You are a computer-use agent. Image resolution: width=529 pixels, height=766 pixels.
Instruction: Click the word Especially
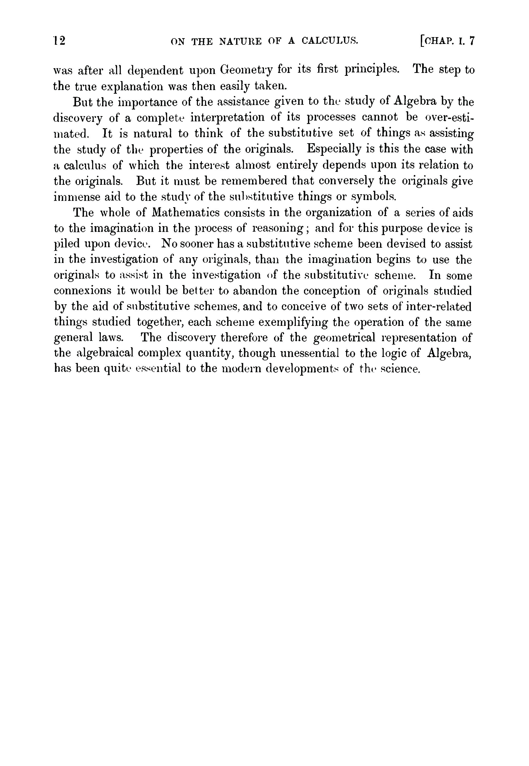(x=334, y=149)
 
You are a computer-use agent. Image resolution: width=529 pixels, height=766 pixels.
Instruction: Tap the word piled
(x=66, y=245)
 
